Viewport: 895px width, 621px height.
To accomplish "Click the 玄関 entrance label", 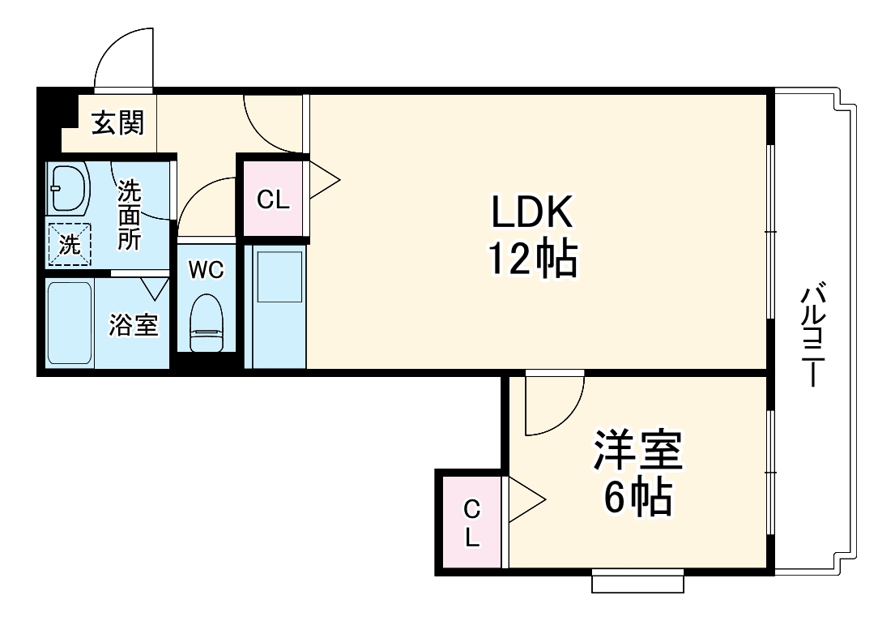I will pos(117,123).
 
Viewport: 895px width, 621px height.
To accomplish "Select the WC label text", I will pos(206,270).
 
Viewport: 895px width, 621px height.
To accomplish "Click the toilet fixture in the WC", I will pos(206,322).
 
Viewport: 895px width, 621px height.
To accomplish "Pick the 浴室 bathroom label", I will pos(134,325).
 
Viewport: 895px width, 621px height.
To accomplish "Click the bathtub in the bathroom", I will pos(69,323).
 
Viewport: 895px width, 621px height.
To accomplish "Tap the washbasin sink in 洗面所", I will pos(68,188).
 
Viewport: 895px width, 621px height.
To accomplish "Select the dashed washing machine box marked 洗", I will pos(69,243).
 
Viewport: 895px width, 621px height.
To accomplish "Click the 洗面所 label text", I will pos(130,215).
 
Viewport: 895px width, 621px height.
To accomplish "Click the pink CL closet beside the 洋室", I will pos(471,523).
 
